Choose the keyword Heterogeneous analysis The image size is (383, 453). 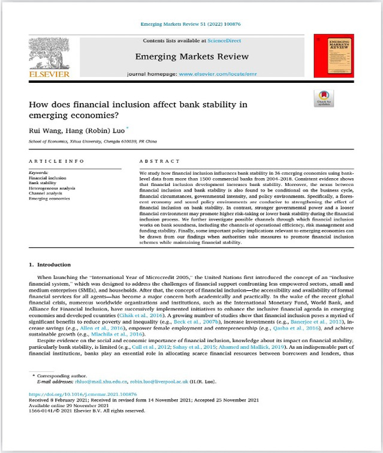pos(53,188)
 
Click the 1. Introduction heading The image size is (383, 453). pos(50,264)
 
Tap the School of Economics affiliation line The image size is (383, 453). pos(92,142)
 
